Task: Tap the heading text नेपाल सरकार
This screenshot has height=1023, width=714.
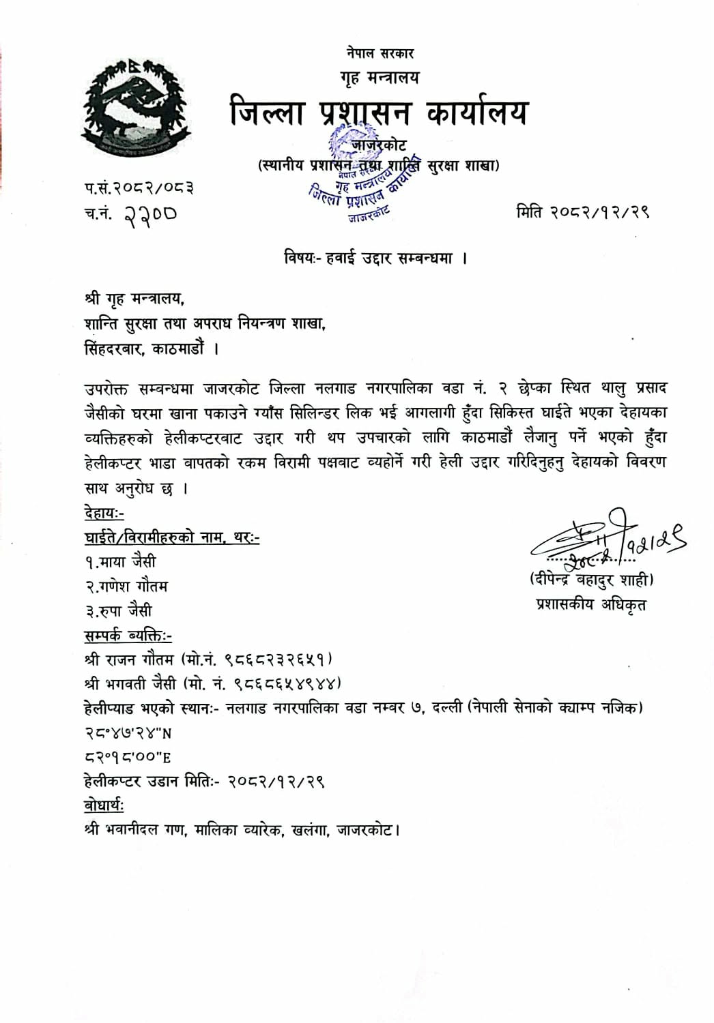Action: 380,53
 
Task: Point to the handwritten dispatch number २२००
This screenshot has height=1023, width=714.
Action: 150,213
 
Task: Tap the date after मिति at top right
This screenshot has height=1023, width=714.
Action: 601,211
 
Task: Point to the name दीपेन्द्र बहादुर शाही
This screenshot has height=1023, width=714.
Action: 591,580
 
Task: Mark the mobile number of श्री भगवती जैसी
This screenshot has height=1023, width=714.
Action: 287,683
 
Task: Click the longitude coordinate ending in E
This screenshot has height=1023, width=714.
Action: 128,757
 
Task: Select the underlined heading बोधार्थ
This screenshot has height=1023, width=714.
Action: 104,805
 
